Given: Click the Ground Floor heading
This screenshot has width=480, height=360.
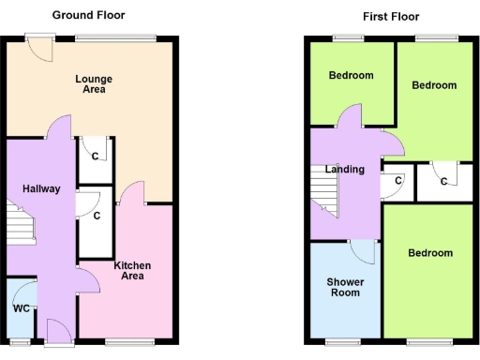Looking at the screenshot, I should (88, 15).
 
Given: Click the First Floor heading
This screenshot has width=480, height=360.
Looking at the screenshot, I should (390, 17).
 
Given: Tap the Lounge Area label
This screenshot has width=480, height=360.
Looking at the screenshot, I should (91, 84).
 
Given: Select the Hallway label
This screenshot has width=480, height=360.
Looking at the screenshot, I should (41, 188).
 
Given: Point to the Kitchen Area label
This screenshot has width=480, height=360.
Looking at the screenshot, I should (132, 271).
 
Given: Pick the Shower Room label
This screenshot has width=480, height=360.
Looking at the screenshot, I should (345, 287).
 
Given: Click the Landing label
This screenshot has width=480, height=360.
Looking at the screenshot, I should (344, 169).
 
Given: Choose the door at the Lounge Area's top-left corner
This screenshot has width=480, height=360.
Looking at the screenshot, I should (39, 46).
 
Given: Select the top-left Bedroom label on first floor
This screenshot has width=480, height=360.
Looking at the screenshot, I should (351, 76).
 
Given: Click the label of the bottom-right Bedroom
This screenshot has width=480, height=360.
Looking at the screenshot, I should (429, 253).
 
